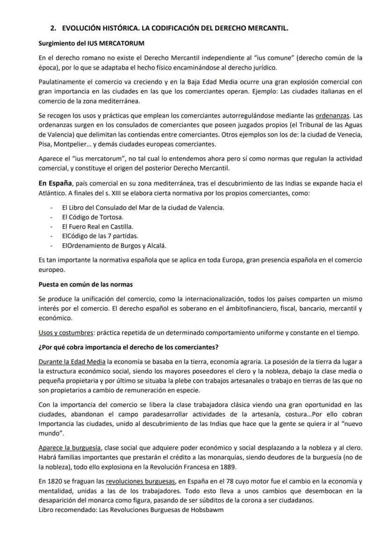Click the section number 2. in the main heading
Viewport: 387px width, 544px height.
(x=53, y=29)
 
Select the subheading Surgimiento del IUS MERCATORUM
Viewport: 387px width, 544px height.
(x=91, y=43)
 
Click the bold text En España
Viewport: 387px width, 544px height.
(x=55, y=183)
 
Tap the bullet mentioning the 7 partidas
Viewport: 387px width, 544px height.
(x=100, y=236)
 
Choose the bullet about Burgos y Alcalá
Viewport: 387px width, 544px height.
(x=114, y=245)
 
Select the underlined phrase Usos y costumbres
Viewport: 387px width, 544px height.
(x=65, y=333)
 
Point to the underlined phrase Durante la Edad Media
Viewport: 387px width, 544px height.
(x=72, y=362)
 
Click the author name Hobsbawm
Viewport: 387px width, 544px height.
(x=207, y=510)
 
